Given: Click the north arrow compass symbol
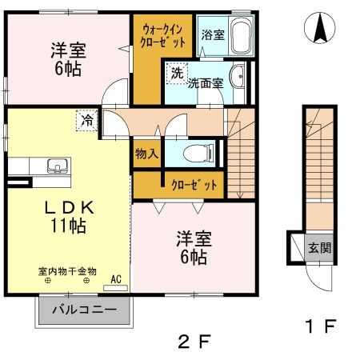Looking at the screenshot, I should point(320,30).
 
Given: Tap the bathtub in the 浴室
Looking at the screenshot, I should point(239,34).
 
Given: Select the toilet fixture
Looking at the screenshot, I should point(197,153).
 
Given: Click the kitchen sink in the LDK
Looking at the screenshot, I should point(55,167).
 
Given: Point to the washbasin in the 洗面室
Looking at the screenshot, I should point(237,78).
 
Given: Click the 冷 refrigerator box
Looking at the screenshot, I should point(86,121).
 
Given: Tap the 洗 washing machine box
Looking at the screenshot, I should point(175,73).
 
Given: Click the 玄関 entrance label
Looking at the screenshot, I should point(320,248).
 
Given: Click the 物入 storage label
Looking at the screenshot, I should point(145,153).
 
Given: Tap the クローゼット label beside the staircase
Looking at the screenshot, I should point(194,185).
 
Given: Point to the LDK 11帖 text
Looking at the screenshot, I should point(69,216).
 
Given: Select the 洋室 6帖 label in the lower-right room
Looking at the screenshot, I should point(194,247).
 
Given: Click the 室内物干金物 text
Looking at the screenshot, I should point(67,271).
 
